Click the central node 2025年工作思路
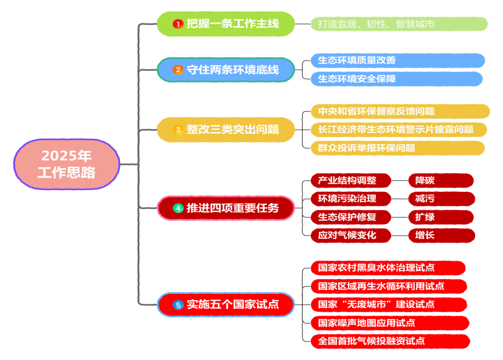click(66, 164)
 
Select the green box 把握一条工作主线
click(226, 24)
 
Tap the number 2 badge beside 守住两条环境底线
click(177, 70)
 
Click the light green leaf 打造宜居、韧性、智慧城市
click(399, 24)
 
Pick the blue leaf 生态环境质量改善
click(397, 61)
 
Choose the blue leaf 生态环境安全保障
click(396, 79)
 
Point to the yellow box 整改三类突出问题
click(226, 129)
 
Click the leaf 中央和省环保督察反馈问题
click(400, 111)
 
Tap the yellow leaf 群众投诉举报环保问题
click(397, 148)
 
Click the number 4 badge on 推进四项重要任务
click(177, 208)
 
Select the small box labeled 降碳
click(441, 180)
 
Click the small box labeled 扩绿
click(441, 217)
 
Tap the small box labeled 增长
click(441, 235)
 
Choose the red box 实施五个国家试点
click(226, 305)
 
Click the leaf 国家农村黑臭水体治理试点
click(388, 268)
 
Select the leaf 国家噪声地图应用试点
click(389, 323)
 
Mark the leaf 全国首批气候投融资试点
click(390, 341)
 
